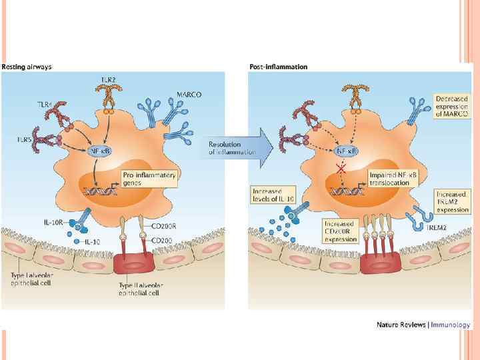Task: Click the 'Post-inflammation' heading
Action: (x=278, y=67)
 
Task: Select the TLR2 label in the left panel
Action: (x=109, y=79)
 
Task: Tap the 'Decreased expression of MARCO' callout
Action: (x=451, y=106)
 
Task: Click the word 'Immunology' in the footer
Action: (x=453, y=325)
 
